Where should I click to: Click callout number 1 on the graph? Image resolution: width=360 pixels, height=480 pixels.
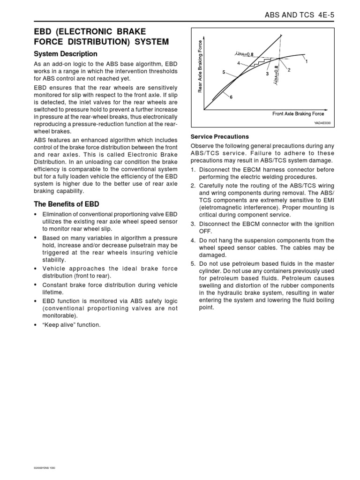(307, 61)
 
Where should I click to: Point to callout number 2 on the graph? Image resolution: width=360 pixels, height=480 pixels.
(289, 70)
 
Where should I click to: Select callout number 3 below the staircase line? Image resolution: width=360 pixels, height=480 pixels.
(267, 74)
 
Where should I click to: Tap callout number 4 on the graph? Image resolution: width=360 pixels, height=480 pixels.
(239, 63)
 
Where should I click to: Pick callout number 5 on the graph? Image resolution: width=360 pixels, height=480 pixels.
(224, 73)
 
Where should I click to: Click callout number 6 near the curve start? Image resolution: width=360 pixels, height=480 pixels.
(231, 97)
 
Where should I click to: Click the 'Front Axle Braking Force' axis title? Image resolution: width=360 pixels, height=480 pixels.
(298, 114)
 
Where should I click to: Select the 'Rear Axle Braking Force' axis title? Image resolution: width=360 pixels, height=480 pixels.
(200, 66)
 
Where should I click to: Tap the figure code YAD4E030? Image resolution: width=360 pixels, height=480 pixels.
(322, 123)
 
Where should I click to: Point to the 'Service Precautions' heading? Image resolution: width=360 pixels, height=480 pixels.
(219, 137)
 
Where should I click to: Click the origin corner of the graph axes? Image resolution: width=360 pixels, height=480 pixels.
(204, 110)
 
